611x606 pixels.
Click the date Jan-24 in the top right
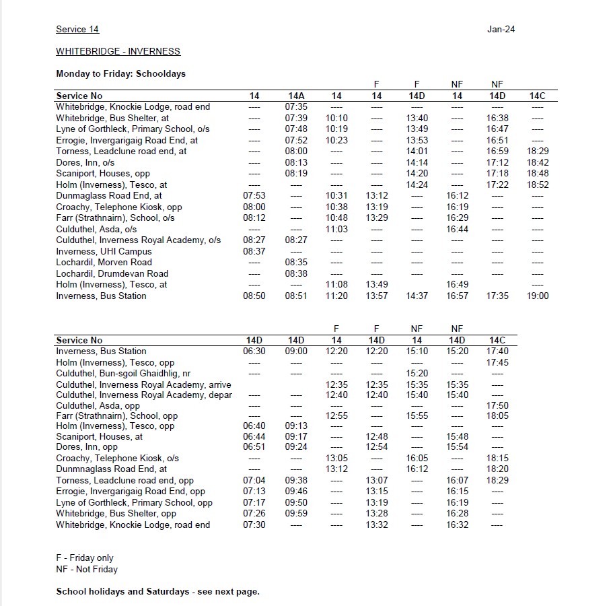(x=501, y=29)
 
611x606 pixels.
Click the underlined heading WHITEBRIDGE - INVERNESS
(x=118, y=51)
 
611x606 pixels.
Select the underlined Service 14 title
(x=77, y=29)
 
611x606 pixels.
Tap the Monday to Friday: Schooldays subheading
(x=120, y=73)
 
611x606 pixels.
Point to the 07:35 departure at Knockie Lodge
(x=296, y=107)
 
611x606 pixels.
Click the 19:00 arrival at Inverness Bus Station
(x=538, y=296)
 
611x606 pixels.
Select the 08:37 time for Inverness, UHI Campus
(x=254, y=251)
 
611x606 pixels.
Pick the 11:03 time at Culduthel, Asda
(x=336, y=229)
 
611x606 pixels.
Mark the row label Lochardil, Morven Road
(x=104, y=263)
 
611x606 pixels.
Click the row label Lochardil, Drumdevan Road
(x=112, y=273)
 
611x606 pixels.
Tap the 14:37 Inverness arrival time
(x=417, y=296)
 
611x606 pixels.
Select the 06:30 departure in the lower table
(x=254, y=351)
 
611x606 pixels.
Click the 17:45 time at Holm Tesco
(x=497, y=362)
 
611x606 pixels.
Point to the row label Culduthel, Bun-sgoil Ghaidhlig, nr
(x=123, y=373)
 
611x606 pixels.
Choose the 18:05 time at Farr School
(x=497, y=416)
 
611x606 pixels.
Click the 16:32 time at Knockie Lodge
(x=457, y=525)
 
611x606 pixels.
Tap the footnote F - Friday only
(x=85, y=558)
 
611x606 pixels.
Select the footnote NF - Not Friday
(x=87, y=569)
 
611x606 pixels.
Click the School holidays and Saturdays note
(x=157, y=591)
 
